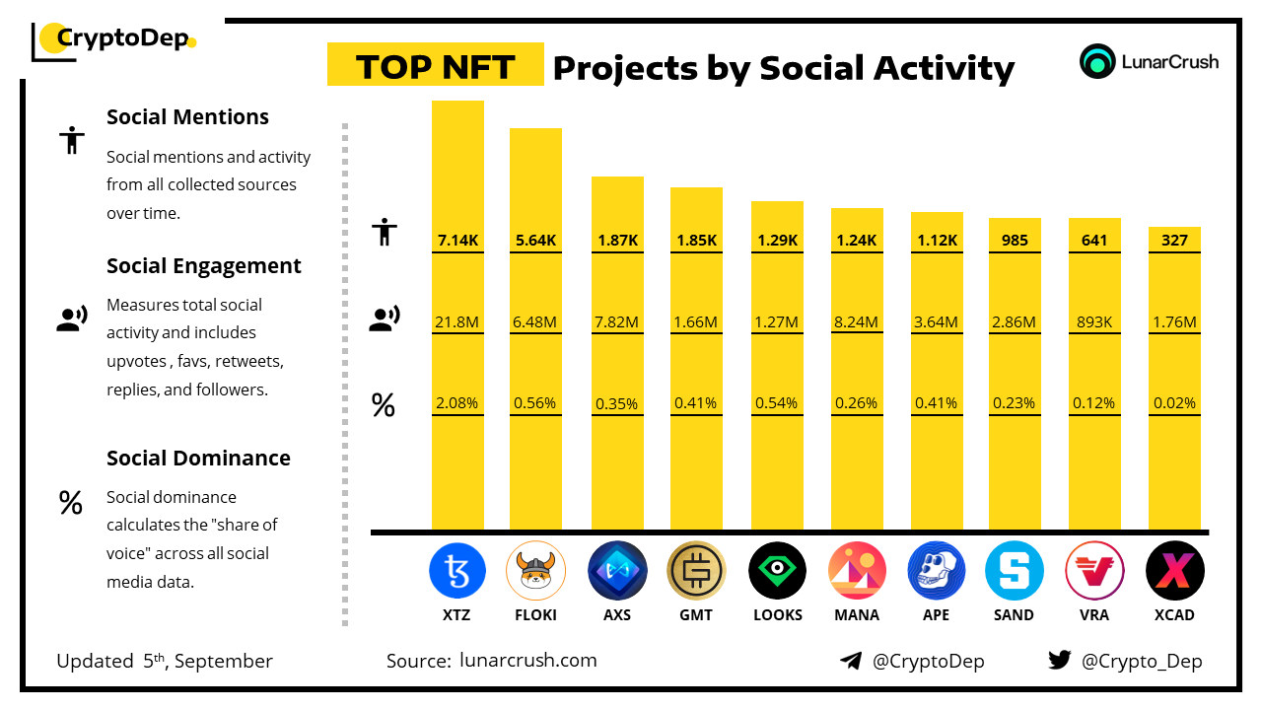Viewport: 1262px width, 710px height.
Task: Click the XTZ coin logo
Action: [457, 570]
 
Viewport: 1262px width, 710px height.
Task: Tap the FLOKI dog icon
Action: [535, 570]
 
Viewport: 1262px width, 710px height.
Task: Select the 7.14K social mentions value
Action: [457, 240]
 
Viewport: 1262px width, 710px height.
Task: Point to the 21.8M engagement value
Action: [457, 321]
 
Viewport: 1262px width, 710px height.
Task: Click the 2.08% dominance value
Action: [457, 402]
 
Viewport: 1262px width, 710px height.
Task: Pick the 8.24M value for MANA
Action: [857, 321]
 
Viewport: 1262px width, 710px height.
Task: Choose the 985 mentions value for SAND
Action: [1015, 240]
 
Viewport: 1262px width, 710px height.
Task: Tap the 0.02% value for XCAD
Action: [1174, 402]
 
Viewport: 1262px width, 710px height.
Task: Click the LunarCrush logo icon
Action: [1097, 61]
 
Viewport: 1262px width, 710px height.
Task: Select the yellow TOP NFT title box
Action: [435, 65]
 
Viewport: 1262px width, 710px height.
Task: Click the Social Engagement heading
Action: [204, 266]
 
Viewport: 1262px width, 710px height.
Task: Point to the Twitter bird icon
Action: [1060, 661]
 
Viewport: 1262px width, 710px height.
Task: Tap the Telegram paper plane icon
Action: [851, 661]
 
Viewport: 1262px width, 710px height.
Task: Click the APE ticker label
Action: [936, 614]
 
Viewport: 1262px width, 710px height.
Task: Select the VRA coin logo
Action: [1094, 570]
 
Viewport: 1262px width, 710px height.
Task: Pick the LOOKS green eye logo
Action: [777, 570]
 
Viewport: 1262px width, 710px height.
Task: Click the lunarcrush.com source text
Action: [528, 661]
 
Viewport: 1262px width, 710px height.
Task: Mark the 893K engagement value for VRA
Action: [1094, 321]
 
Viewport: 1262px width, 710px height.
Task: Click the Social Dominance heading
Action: [198, 459]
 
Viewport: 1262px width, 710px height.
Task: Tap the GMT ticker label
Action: [696, 614]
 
